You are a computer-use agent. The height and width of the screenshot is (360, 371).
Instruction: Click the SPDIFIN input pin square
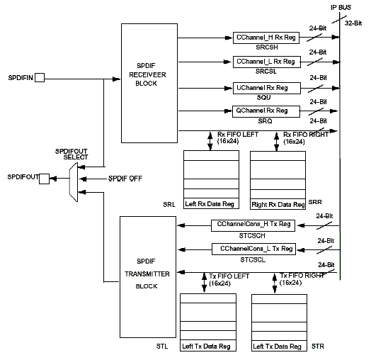tap(40, 77)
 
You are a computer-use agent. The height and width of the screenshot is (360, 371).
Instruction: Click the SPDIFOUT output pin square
tap(44, 179)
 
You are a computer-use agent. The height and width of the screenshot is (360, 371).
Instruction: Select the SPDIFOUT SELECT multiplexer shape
tap(74, 182)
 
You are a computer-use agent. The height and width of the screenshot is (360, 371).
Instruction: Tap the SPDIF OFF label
tap(125, 179)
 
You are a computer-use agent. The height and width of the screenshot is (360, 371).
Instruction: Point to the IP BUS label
tap(341, 8)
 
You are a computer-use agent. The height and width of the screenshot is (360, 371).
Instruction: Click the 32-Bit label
tap(353, 23)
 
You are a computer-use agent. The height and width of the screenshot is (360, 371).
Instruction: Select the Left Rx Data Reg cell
tap(211, 203)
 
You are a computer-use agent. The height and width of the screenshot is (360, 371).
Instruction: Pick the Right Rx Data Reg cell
tap(278, 204)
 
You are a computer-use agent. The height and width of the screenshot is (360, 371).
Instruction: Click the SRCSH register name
tap(267, 47)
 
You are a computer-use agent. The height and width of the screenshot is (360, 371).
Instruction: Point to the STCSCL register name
tap(253, 260)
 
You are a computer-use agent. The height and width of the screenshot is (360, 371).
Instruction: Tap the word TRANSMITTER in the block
tap(147, 274)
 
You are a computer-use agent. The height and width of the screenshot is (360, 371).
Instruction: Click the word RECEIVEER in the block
tap(147, 75)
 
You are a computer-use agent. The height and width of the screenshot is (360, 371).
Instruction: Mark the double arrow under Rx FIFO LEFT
tap(210, 141)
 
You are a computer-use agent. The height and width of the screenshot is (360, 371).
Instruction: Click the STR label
tap(317, 347)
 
